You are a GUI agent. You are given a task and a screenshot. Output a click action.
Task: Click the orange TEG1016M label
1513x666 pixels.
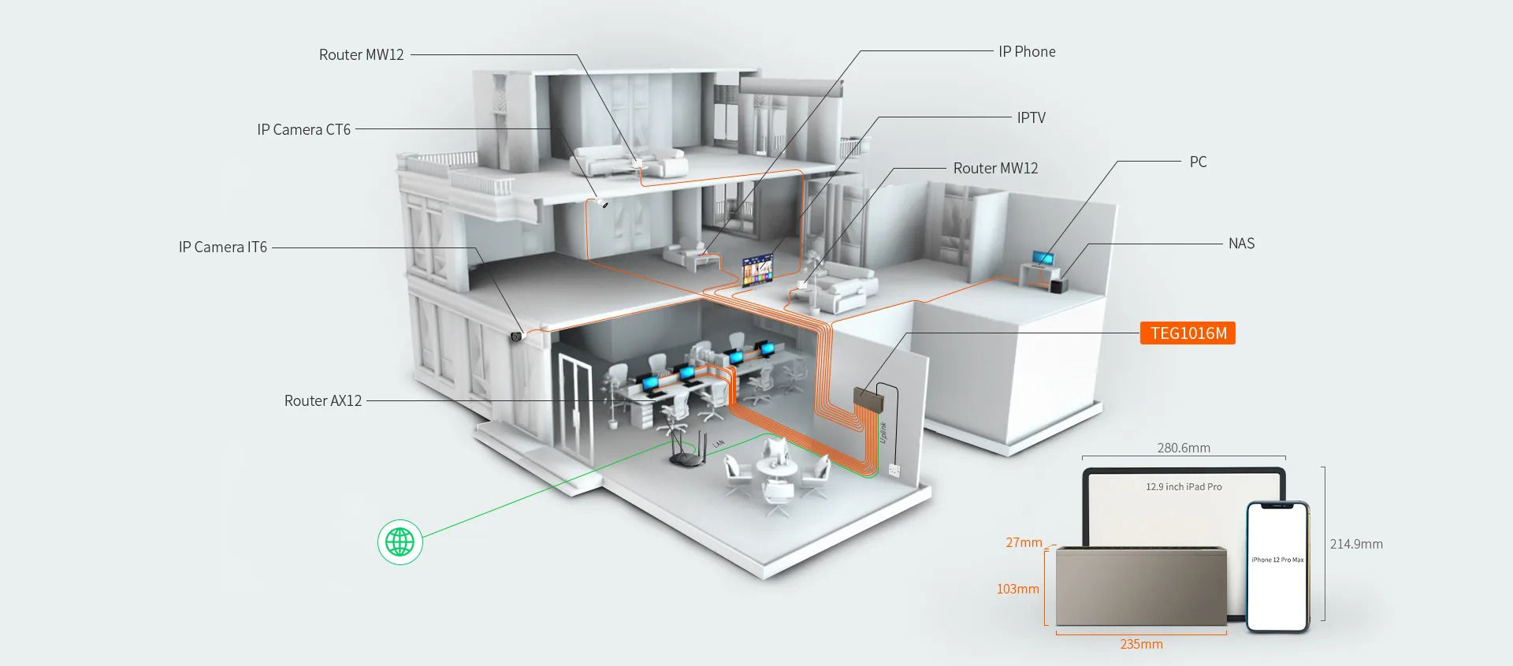1188,333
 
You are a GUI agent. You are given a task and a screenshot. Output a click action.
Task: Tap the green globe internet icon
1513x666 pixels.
400,542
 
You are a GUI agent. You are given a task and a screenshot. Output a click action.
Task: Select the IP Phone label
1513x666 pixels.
1027,52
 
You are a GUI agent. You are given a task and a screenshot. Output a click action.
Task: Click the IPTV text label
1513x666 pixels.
1031,118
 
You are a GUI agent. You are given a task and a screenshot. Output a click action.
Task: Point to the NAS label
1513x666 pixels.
1241,244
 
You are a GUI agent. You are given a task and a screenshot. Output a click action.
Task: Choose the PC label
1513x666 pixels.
1198,162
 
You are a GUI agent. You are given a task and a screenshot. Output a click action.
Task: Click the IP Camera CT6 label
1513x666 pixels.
303,130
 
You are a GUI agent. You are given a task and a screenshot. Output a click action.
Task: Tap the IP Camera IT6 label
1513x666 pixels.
223,247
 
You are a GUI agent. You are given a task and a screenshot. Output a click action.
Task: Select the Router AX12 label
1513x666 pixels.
323,401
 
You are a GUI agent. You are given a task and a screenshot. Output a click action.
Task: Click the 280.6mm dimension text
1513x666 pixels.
1184,448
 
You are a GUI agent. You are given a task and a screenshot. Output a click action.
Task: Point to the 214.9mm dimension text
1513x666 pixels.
1356,544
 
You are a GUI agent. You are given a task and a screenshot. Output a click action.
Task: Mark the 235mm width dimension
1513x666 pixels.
1141,644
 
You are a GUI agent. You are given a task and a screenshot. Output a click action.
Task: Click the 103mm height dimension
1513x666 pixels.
1017,589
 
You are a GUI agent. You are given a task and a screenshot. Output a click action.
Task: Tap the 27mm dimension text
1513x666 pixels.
1024,542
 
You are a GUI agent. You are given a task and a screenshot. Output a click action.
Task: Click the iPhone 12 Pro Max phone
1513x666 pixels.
1277,567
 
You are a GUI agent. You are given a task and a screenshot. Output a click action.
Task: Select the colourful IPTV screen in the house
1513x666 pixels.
757,270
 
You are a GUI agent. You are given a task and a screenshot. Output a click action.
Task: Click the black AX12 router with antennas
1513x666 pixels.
687,453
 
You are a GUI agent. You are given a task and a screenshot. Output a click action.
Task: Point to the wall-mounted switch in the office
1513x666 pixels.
868,400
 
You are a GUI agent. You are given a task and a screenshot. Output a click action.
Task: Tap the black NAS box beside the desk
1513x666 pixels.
1058,284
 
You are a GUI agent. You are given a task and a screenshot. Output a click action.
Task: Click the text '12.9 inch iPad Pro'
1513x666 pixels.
1184,487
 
